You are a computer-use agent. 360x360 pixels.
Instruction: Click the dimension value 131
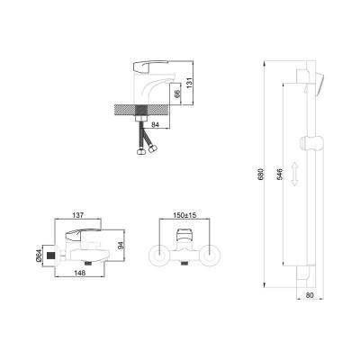click(189, 83)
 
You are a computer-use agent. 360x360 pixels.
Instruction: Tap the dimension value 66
click(177, 94)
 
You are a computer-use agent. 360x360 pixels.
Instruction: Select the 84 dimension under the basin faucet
click(155, 125)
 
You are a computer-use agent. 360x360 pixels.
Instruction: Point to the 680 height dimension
click(260, 174)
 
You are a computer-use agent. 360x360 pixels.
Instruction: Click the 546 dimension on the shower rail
click(278, 174)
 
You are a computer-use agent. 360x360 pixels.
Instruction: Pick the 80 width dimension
click(310, 295)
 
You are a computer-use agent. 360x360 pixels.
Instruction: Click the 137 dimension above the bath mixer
click(78, 215)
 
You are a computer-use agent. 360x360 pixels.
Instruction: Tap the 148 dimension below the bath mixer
click(80, 273)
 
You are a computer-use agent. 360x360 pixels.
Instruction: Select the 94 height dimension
click(121, 246)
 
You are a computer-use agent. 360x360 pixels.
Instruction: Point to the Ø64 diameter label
click(39, 256)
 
